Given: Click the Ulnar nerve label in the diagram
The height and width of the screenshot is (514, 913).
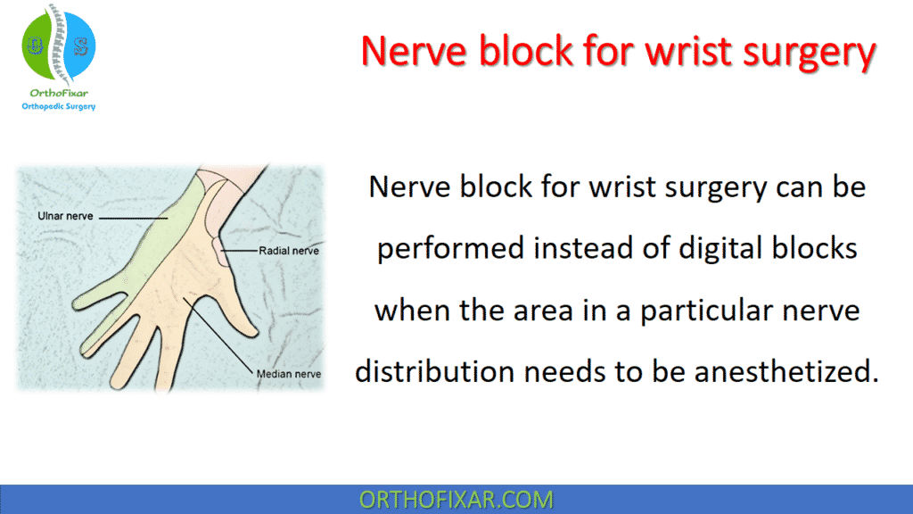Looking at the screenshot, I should coord(65,217).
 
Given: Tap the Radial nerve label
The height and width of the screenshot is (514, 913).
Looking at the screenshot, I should coord(288,252).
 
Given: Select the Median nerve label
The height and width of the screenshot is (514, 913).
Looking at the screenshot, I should coord(288,374).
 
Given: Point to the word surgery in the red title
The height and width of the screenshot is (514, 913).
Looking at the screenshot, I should coord(807,52).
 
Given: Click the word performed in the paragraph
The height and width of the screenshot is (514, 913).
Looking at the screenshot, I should coord(449,247).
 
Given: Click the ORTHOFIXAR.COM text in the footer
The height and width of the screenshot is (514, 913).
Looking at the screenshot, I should coord(456,499).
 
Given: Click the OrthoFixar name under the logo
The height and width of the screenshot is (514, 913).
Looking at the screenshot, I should coord(58,93).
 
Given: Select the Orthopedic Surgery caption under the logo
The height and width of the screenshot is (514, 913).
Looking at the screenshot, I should coord(58,107).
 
